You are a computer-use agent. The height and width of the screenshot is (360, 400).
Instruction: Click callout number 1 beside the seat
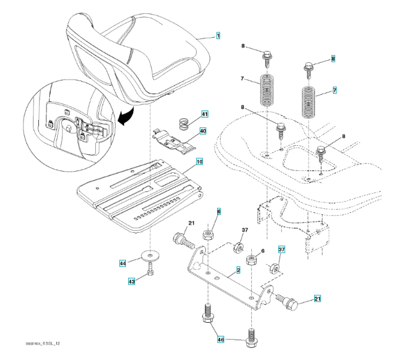coord(218,36)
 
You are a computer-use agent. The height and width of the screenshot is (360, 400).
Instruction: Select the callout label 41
coord(204,114)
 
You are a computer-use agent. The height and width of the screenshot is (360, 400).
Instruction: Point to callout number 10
coord(199,162)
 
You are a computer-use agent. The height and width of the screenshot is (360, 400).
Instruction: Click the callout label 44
coord(122,263)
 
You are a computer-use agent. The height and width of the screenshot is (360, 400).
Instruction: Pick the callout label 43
coord(130,281)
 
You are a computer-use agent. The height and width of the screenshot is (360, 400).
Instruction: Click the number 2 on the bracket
coord(238,271)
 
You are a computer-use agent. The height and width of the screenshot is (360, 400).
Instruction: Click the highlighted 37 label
coord(281,249)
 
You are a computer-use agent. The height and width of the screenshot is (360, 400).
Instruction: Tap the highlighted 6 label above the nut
coord(219,212)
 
